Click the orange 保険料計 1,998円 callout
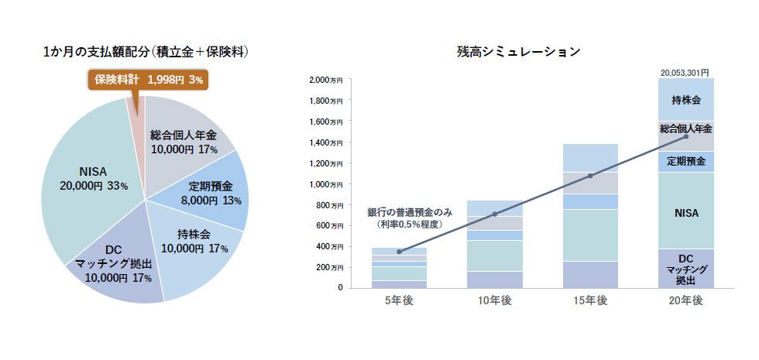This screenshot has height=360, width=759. [148, 80]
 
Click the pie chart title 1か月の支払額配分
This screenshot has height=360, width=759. [146, 53]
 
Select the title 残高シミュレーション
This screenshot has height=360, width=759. [518, 53]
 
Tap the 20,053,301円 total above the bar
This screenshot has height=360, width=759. [685, 72]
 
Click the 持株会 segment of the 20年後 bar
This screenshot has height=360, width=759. [686, 100]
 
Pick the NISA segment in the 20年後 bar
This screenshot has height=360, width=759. [686, 211]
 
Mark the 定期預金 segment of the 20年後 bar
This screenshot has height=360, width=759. [686, 162]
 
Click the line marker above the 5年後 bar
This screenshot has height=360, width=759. [399, 252]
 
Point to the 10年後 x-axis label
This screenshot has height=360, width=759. [494, 300]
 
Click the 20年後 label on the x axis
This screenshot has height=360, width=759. [685, 300]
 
